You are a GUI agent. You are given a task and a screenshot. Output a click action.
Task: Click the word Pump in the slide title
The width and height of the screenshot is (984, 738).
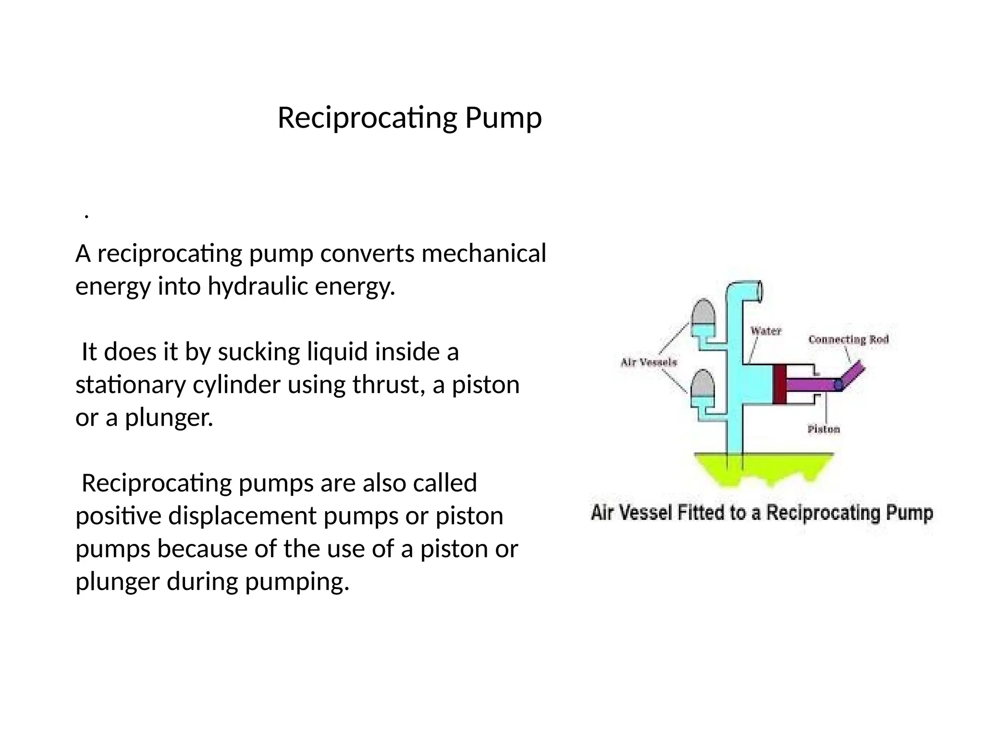pos(503,118)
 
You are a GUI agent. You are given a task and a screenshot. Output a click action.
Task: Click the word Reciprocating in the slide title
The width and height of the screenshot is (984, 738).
pos(367,118)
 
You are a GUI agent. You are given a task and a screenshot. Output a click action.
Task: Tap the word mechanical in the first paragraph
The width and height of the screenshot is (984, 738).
pos(484,253)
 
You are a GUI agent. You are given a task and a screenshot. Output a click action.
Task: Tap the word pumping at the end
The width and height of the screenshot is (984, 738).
pos(296,582)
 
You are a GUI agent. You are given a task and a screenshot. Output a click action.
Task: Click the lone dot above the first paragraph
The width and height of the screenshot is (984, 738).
pos(86,216)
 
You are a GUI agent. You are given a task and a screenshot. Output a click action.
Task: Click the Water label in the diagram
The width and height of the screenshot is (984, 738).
pos(766,331)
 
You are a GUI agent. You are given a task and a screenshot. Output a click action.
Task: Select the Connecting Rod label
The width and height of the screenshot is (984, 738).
pos(849,340)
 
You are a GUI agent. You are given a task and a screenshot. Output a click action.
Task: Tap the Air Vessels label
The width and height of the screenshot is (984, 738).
pos(649,362)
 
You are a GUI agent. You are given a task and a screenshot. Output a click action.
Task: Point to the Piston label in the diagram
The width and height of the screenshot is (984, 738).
pos(824,429)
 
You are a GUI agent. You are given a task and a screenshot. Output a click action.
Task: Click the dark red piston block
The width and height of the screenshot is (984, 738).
pos(779,384)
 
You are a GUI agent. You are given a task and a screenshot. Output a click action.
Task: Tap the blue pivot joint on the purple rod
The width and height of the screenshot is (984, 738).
pos(838,384)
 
